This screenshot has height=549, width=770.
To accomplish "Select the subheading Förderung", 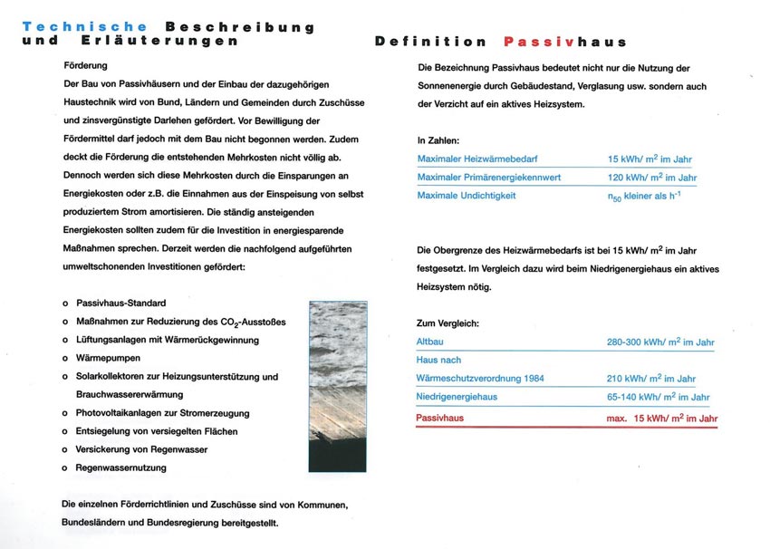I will click(85, 66).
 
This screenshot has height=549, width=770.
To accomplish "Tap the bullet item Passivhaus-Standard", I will click(120, 303).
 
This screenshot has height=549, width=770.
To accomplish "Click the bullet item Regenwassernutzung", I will click(121, 467).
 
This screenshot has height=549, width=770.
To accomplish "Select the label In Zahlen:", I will click(438, 140).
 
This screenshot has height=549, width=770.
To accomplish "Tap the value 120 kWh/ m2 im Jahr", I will click(651, 177).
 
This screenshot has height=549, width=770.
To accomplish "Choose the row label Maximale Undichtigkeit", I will click(467, 196).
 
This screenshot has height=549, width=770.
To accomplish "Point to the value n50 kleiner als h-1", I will click(643, 196).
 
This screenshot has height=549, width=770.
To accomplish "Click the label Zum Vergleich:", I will click(448, 323).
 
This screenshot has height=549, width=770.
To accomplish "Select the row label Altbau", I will click(430, 342).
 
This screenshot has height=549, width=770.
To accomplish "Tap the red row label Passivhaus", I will click(439, 418).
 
